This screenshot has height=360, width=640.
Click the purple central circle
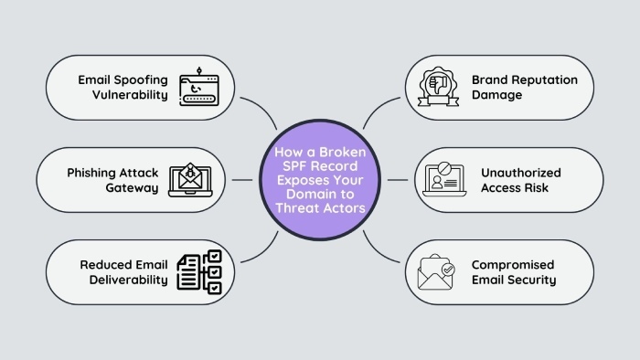point(319,180)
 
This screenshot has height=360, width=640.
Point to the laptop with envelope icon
point(190,180)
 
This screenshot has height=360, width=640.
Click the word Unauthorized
point(520,172)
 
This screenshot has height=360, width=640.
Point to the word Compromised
point(512,265)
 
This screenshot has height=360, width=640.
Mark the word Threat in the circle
point(299,209)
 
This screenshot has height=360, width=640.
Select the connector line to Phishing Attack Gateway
point(243,180)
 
